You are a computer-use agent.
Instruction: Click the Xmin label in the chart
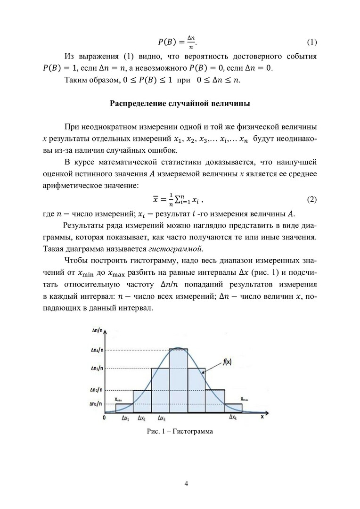[x=118, y=400]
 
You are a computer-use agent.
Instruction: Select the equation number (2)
[x=311, y=200]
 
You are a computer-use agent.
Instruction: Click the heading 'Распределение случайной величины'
[x=180, y=103]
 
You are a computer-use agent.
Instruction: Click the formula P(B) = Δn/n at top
[x=177, y=42]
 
